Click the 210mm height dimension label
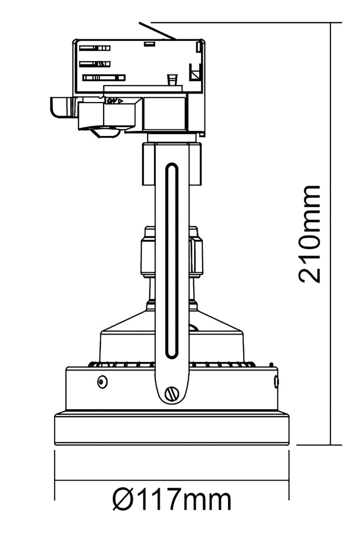310,234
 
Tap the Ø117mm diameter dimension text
172,500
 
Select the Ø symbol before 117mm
122,500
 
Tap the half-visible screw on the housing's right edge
276,381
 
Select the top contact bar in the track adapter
95,48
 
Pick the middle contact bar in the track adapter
95,64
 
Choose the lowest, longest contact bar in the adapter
104,78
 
